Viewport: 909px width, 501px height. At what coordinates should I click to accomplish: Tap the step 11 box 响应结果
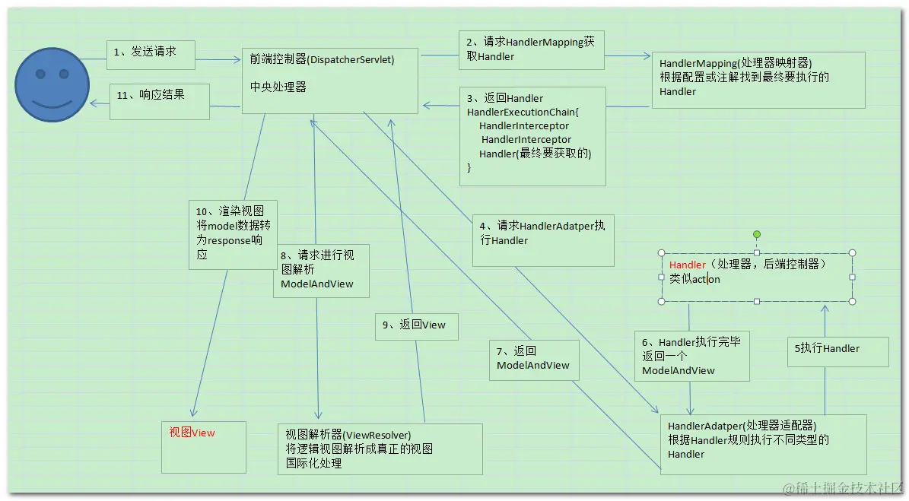(x=159, y=100)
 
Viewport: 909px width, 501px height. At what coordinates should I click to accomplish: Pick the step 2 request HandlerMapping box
(x=531, y=50)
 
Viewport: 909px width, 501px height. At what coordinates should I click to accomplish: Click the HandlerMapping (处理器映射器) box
(x=758, y=79)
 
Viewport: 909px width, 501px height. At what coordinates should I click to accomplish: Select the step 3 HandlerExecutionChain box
(x=532, y=135)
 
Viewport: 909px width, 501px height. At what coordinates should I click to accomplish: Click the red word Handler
(x=688, y=265)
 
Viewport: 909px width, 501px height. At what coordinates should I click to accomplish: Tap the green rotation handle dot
(x=756, y=235)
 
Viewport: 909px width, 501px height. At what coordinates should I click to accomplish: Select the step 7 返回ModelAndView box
(x=534, y=359)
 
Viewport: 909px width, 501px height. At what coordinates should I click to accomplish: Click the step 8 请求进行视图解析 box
(x=321, y=270)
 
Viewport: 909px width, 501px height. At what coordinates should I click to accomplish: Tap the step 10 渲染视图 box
(x=232, y=233)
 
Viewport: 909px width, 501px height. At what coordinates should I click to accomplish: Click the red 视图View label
(x=192, y=433)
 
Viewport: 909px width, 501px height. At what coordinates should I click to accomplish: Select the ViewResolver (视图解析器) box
(x=379, y=448)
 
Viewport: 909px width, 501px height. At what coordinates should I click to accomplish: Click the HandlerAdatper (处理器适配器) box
(x=762, y=444)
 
